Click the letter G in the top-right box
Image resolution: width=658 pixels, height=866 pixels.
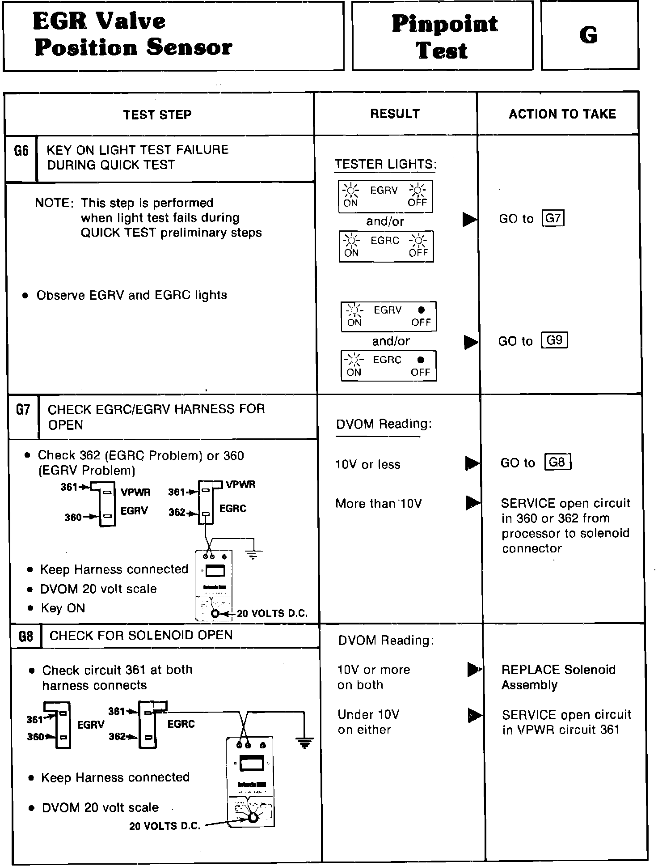(589, 35)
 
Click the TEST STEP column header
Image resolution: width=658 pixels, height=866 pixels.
(157, 115)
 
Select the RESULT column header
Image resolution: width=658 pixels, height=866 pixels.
(395, 114)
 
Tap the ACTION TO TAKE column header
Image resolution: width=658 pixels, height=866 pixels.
(562, 114)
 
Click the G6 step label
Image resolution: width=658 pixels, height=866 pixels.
(21, 151)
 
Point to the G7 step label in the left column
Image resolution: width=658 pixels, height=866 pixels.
(23, 410)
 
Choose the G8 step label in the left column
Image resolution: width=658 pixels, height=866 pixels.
(25, 636)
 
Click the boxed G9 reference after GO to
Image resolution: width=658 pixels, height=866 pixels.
(554, 340)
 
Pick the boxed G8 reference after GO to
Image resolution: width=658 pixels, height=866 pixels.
(557, 462)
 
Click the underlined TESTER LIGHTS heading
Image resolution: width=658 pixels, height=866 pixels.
(385, 165)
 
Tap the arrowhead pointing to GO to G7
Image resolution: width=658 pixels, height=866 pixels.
(469, 219)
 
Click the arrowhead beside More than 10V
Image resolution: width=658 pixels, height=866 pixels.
(472, 503)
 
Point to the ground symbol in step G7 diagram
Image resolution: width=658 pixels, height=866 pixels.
(254, 555)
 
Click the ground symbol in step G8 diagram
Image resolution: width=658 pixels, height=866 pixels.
(304, 743)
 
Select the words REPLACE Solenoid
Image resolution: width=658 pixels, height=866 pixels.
(558, 670)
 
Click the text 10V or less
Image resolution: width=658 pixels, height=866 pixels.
(368, 465)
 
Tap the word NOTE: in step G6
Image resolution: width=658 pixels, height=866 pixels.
(54, 203)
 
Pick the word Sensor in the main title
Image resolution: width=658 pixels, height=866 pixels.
(190, 47)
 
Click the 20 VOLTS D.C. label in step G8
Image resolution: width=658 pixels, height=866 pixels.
(164, 826)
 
